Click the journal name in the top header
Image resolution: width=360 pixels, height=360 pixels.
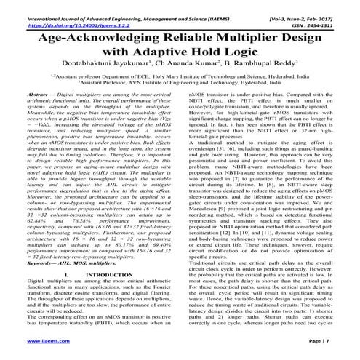coord(120,4)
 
